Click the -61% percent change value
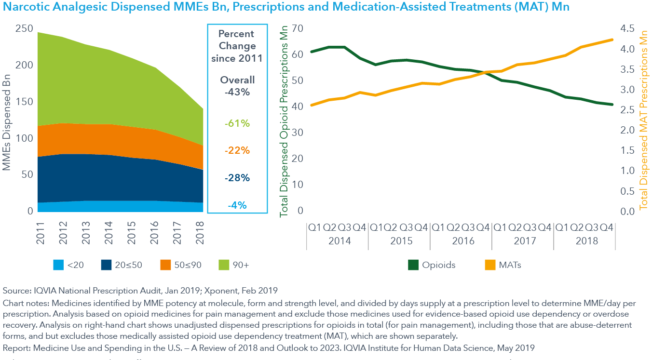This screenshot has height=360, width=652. (x=237, y=123)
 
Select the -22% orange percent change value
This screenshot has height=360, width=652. (x=237, y=150)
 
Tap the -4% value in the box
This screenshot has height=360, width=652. (x=237, y=205)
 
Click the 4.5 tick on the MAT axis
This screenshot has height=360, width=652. (x=629, y=29)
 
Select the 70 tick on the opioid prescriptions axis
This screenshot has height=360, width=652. (x=297, y=29)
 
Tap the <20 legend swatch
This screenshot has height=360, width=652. (x=58, y=265)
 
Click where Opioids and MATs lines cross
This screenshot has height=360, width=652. (x=484, y=73)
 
